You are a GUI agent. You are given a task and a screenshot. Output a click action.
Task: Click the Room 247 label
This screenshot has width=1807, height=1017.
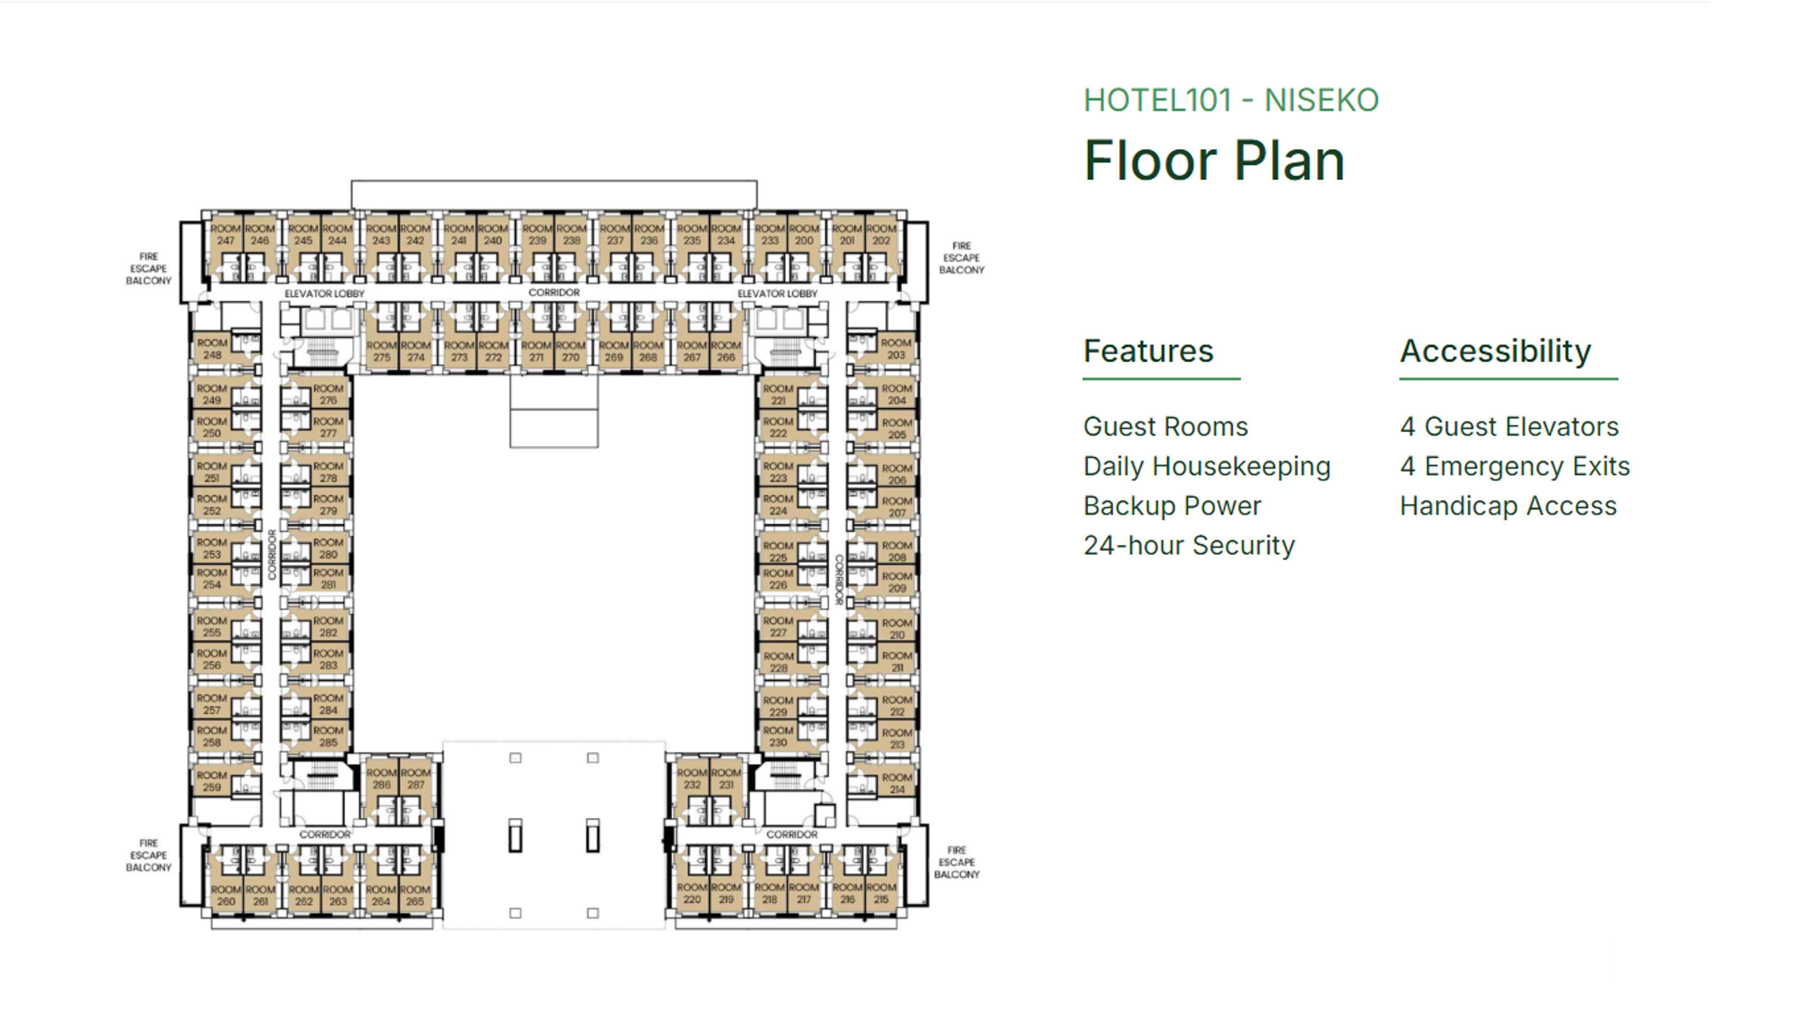tap(225, 234)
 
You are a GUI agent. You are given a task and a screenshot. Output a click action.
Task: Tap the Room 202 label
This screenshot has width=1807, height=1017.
tap(881, 234)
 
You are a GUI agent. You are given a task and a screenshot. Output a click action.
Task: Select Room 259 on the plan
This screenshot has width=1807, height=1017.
tap(212, 781)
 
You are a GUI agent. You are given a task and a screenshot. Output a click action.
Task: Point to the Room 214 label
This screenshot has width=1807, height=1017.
tap(896, 783)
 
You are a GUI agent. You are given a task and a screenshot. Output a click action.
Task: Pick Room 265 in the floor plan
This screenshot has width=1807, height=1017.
tap(415, 895)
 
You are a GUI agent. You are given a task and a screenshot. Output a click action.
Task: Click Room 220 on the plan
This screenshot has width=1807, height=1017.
tap(692, 893)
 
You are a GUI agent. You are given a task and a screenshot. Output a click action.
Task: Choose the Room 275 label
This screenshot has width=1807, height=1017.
tap(382, 351)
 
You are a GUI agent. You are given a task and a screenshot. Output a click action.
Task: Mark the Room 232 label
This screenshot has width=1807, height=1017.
tap(692, 779)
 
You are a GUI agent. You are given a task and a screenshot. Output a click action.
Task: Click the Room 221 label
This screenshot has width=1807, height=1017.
tap(778, 394)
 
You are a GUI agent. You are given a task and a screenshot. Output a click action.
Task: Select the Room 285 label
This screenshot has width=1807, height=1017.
tap(328, 736)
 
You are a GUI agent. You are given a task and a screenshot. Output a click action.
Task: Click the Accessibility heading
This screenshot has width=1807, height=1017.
tap(1495, 351)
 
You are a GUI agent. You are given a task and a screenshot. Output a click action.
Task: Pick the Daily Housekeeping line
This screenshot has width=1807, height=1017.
tap(1207, 466)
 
